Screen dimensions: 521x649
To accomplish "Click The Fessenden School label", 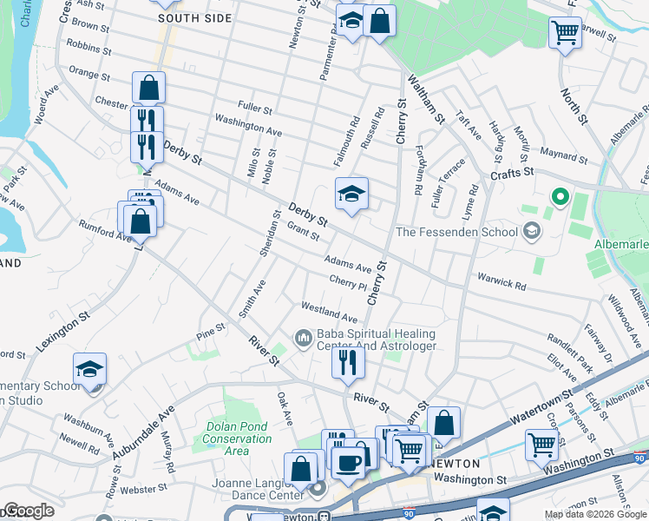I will (x=456, y=232).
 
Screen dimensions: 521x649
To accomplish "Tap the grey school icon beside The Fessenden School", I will (x=531, y=231).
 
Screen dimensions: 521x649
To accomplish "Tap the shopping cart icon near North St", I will (x=564, y=33).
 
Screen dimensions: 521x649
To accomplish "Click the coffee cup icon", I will (x=349, y=462).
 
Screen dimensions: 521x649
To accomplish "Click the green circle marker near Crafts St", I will (x=560, y=198).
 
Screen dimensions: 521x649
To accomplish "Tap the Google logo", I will (x=28, y=511).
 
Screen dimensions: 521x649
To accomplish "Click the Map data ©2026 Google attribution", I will (x=595, y=515).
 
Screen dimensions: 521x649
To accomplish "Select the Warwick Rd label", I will (x=501, y=282).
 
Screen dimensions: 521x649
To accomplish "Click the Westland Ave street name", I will (x=329, y=313).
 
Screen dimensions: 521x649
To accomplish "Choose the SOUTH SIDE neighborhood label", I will (x=195, y=18).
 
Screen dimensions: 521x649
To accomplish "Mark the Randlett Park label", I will (x=569, y=343).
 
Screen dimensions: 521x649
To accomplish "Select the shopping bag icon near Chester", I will (x=148, y=87).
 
